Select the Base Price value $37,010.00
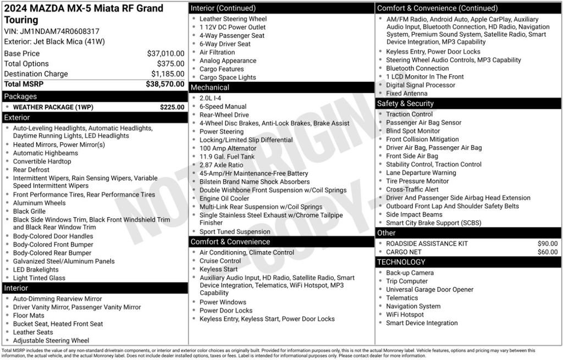tap(165, 53)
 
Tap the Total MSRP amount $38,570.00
tap(165, 84)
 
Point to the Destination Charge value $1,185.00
tap(168, 74)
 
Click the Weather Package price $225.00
tap(172, 107)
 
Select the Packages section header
tap(20, 97)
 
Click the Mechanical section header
tap(210, 87)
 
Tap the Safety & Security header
tap(405, 103)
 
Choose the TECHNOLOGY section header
tap(402, 262)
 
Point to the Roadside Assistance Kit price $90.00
tap(547, 243)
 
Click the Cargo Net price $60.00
tap(547, 252)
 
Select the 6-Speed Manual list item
tap(223, 107)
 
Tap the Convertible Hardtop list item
tap(42, 162)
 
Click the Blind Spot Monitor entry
tap(413, 131)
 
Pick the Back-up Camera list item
tap(410, 273)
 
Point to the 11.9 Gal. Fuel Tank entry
tap(227, 157)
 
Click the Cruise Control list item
tap(220, 261)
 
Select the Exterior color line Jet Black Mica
tap(54, 41)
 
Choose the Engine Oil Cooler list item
tap(224, 198)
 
